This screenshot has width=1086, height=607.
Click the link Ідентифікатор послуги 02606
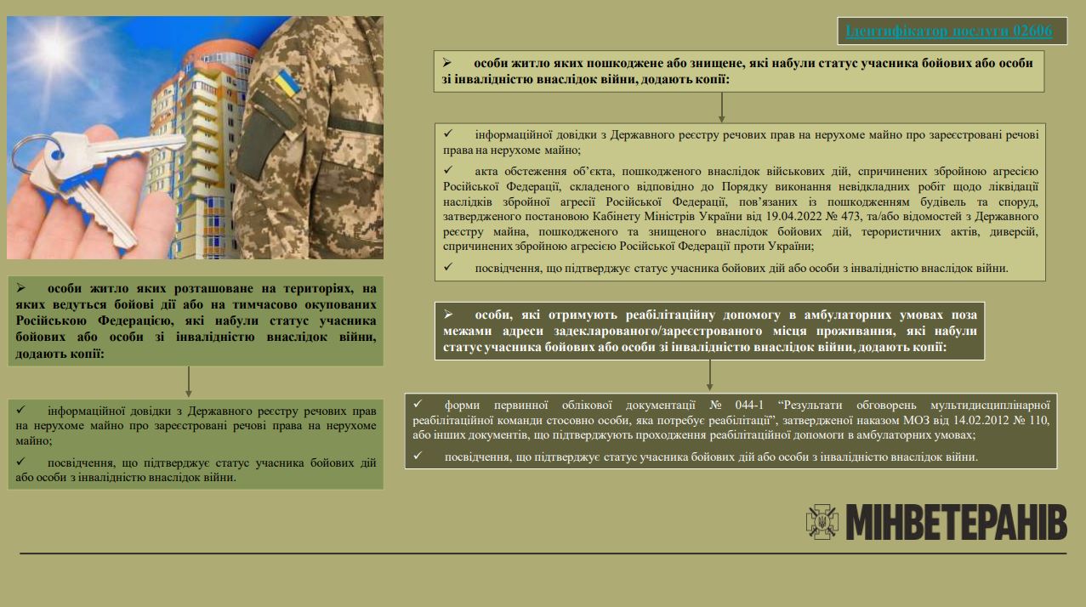pyautogui.click(x=948, y=31)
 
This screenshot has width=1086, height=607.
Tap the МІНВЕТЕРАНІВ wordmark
pyautogui.click(x=956, y=522)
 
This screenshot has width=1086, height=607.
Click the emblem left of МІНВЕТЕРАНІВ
pyautogui.click(x=822, y=522)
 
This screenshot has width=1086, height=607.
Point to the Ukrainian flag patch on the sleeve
pyautogui.click(x=286, y=84)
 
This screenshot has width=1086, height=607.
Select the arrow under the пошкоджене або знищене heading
pyautogui.click(x=721, y=107)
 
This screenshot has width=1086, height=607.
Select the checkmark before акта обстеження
pyautogui.click(x=448, y=169)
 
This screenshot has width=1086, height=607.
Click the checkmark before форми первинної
pyautogui.click(x=418, y=405)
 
